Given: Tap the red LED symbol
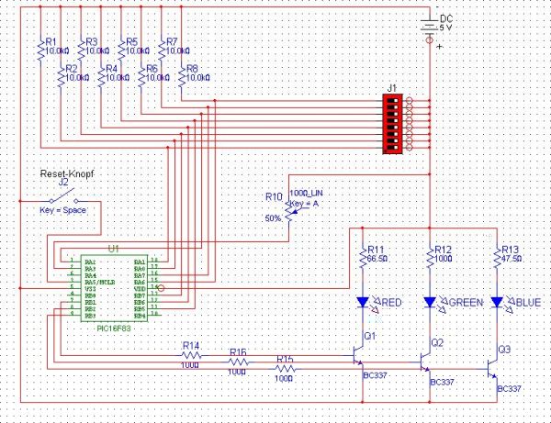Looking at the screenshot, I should click(x=363, y=301).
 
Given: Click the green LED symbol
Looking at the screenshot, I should click(x=430, y=301).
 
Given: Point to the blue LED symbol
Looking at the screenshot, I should click(x=498, y=301).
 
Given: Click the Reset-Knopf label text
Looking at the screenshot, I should click(x=66, y=173).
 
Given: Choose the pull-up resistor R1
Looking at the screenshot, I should click(x=39, y=50).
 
